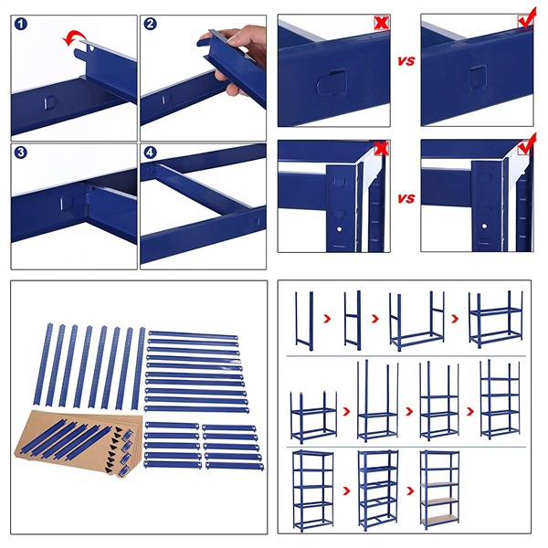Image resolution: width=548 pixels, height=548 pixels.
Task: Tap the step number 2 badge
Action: [x=150, y=24]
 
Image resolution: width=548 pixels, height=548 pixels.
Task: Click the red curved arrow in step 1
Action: [x=72, y=37]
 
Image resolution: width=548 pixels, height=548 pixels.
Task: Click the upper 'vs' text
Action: [x=406, y=63]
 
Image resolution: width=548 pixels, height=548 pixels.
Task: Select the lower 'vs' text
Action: [x=406, y=198]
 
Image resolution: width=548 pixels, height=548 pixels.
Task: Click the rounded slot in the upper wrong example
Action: [x=330, y=85]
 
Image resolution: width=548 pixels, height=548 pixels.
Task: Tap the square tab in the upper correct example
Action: [x=479, y=78]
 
